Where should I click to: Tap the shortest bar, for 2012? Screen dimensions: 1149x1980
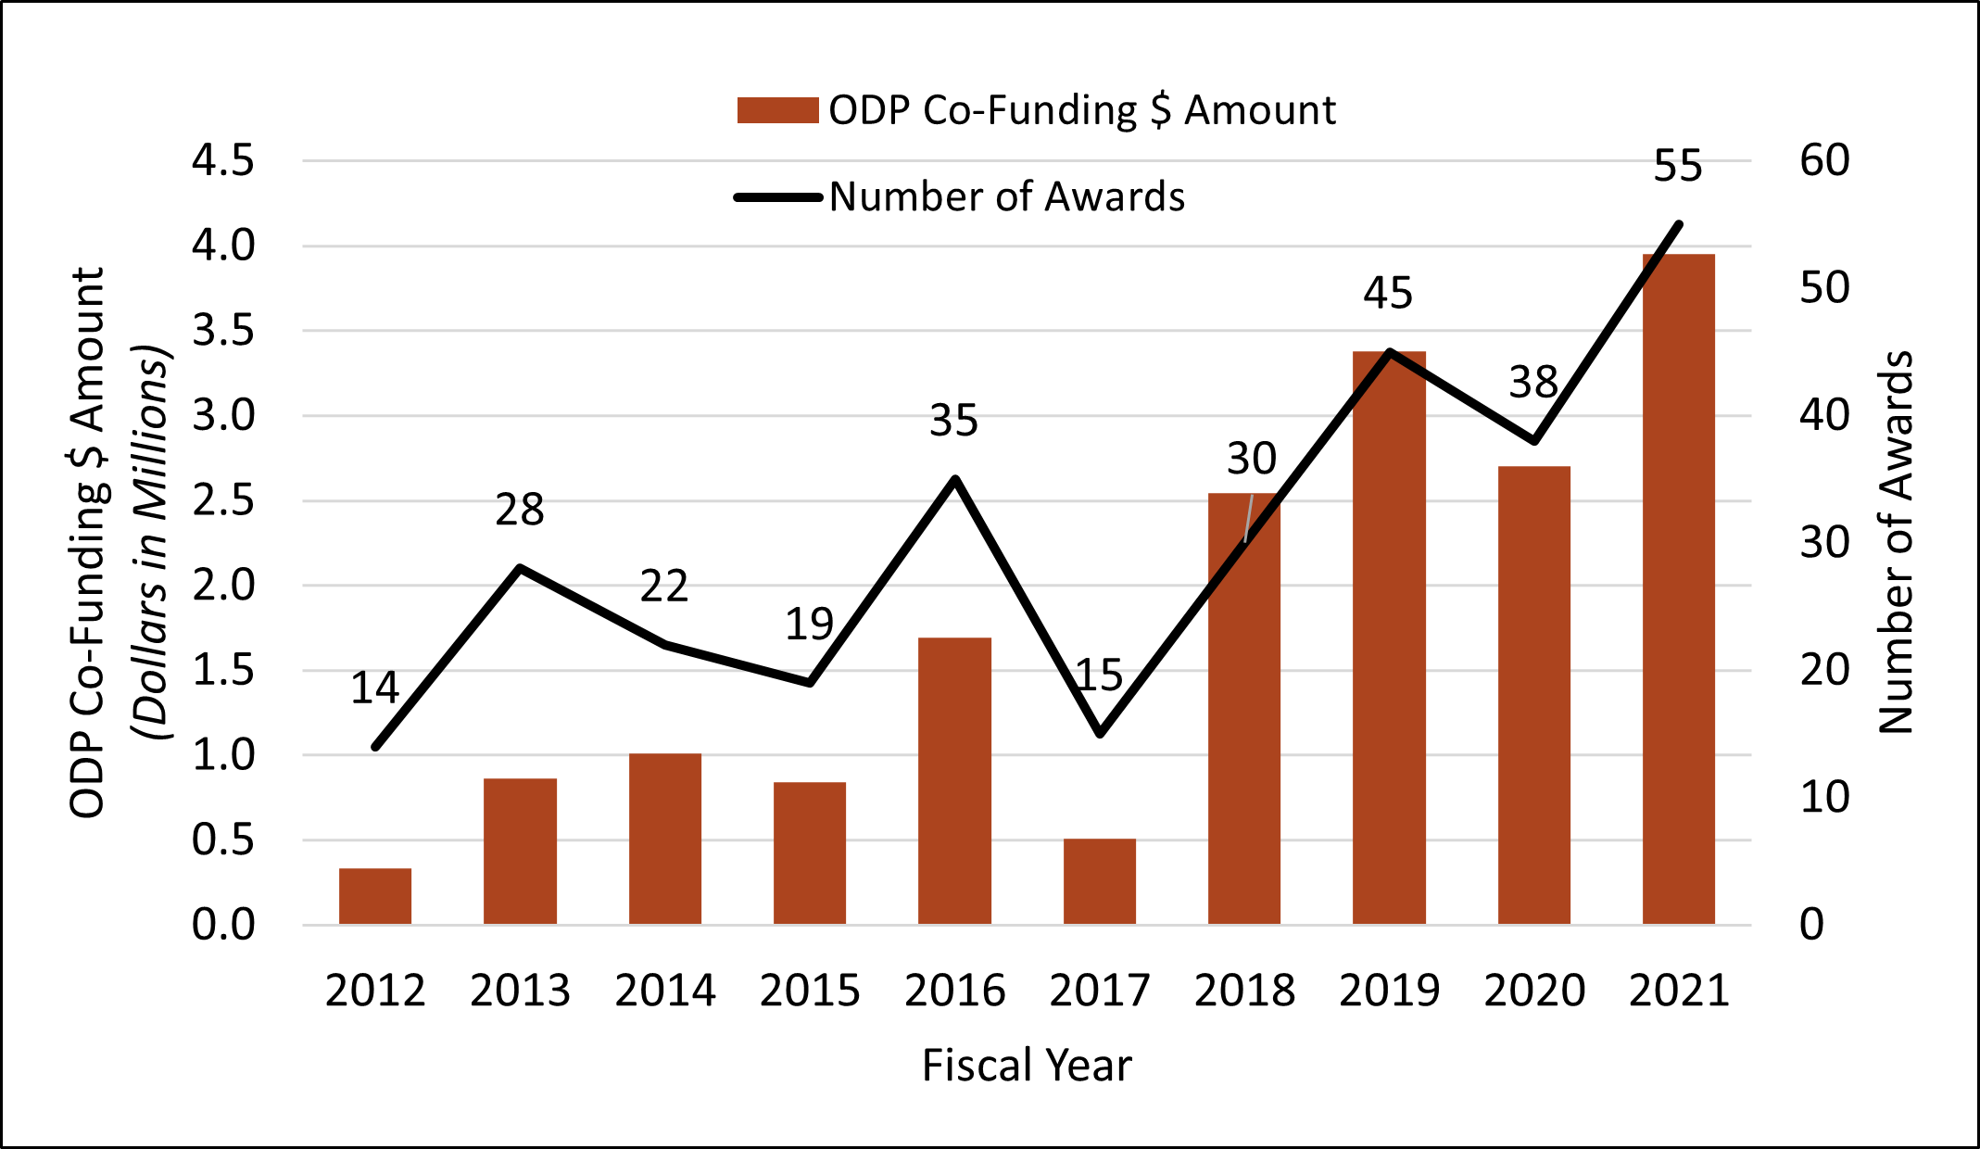(374, 896)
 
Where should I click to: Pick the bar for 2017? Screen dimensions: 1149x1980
(1099, 881)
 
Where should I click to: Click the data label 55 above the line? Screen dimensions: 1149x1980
(1678, 166)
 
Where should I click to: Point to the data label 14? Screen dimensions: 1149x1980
(374, 688)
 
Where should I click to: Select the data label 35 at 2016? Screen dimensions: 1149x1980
(953, 420)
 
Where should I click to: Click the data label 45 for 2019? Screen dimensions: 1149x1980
(1388, 293)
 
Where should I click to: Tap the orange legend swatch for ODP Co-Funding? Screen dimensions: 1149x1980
(777, 110)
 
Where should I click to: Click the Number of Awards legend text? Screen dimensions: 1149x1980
(1006, 196)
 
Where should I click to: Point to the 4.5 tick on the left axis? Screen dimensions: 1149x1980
(222, 160)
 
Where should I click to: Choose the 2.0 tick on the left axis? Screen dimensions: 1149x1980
(222, 585)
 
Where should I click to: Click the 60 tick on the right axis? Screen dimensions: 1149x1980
(1824, 160)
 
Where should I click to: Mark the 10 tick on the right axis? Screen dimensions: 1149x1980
(1824, 797)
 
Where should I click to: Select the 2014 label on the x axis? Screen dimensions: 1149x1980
(664, 991)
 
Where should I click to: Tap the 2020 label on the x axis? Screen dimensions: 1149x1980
(1534, 991)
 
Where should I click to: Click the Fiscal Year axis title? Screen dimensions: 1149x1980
(1027, 1065)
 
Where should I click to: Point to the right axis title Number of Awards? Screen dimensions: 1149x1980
(1896, 542)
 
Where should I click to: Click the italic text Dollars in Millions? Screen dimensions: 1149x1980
(150, 542)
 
